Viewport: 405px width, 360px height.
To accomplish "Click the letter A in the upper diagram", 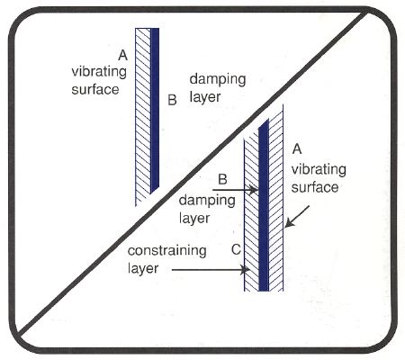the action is tap(122, 55).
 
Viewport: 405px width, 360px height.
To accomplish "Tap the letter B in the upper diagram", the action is tap(172, 100).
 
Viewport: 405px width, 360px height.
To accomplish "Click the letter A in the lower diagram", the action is tap(297, 148).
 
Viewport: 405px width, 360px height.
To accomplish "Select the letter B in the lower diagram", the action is tap(222, 179).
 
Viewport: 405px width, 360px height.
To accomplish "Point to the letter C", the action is tap(237, 249).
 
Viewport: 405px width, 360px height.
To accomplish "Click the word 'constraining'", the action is tap(166, 251).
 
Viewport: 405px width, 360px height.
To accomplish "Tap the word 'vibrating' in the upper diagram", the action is tap(99, 72).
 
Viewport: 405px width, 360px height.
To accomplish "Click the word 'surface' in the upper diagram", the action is tap(95, 89).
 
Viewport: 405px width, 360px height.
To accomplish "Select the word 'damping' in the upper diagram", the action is tap(218, 79).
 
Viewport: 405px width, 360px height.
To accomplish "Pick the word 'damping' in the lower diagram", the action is tap(207, 201).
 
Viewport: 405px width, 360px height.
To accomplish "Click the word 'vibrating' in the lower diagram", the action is tap(319, 170).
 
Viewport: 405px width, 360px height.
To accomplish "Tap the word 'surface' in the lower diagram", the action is tap(315, 187).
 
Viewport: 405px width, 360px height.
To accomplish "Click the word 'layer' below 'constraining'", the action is tap(143, 268).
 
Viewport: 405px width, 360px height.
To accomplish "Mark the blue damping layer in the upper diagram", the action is tap(155, 110).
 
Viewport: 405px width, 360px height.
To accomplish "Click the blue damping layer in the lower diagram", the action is tap(264, 205).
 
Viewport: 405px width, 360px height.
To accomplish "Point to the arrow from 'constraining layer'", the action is tap(211, 270).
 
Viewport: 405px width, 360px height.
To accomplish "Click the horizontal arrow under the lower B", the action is tap(235, 190).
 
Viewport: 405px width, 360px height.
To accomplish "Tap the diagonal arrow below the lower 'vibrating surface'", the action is tap(297, 216).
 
